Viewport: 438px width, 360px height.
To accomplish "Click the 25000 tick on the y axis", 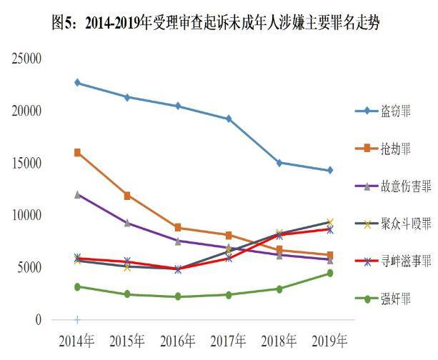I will click(26, 59).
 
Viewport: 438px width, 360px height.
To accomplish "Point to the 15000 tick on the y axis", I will click(26, 163).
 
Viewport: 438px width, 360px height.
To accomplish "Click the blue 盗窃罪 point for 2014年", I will click(77, 83).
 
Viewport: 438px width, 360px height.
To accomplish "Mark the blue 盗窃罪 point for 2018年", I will click(279, 163).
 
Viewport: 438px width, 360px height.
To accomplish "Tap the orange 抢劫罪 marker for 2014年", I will click(77, 152).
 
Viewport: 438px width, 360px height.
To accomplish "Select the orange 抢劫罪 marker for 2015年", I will click(127, 195).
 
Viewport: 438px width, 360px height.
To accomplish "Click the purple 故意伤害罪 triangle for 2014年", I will click(77, 194).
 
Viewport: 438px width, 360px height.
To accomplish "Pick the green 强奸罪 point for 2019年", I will click(329, 273).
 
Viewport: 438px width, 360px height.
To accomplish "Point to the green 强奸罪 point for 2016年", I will click(178, 296).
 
